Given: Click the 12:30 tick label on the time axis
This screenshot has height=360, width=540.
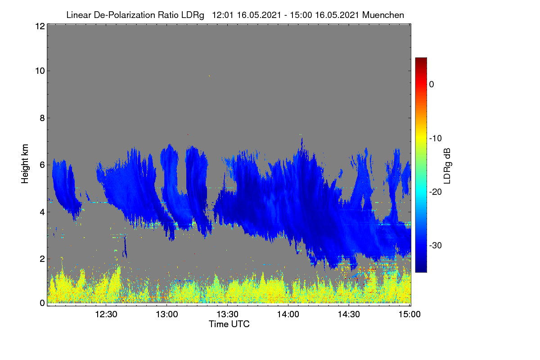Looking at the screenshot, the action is [106, 315].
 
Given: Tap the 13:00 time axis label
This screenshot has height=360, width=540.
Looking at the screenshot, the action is [167, 315].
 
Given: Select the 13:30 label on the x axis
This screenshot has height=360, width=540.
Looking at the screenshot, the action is [227, 315].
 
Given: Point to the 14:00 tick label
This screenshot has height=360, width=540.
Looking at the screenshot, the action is [288, 315].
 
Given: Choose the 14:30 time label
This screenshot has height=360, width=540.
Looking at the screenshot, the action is [349, 315].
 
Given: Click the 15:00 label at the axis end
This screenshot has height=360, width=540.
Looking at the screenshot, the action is [409, 315].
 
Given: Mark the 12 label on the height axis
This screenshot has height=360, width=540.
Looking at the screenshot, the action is [40, 26].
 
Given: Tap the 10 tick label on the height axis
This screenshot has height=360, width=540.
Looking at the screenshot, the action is [40, 71].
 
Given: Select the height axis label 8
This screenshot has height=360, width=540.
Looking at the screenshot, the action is [42, 118].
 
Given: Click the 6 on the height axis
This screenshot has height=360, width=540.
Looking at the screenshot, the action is [42, 165].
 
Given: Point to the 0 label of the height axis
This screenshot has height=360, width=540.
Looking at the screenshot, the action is [42, 303].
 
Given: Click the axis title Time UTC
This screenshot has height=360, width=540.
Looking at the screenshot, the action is [229, 324].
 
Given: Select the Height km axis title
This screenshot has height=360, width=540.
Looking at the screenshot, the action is [25, 164].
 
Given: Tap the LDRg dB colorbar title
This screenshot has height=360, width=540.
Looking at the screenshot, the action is [447, 166].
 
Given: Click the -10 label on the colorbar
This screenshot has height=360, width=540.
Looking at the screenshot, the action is [436, 139].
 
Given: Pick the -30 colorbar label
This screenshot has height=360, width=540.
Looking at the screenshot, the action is [436, 245].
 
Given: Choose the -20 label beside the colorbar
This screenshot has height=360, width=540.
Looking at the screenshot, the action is [436, 192].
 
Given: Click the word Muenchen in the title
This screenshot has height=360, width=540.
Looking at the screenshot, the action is [383, 15].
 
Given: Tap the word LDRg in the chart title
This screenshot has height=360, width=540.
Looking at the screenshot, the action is [193, 15].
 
